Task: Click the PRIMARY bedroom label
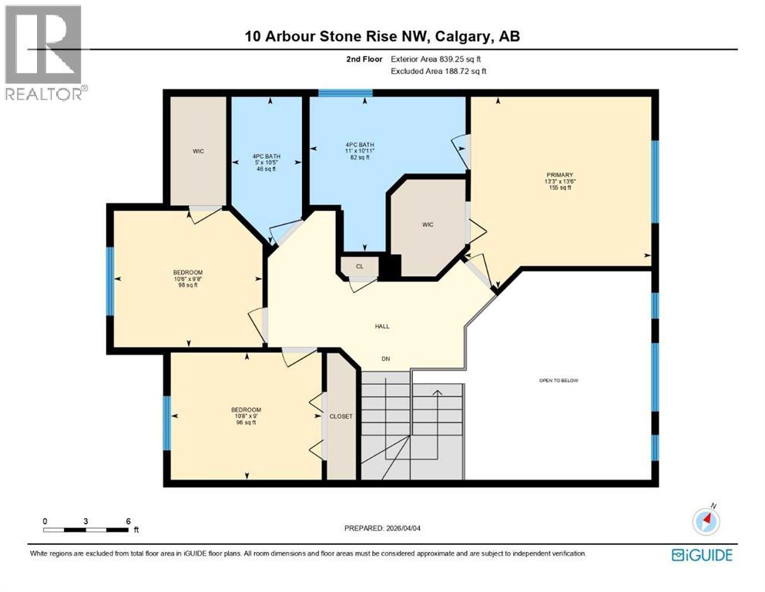pyautogui.click(x=561, y=175)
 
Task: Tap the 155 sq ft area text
pyautogui.click(x=561, y=187)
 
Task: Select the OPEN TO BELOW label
pyautogui.click(x=559, y=380)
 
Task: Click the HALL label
pyautogui.click(x=382, y=326)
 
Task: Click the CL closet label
pyautogui.click(x=359, y=267)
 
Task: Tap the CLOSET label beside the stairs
pyautogui.click(x=341, y=416)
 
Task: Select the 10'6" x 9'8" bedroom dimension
pyautogui.click(x=188, y=279)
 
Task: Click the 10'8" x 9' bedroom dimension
pyautogui.click(x=246, y=416)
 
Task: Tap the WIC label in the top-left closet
pyautogui.click(x=198, y=151)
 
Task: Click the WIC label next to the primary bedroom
pyautogui.click(x=428, y=224)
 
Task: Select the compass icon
pyautogui.click(x=706, y=522)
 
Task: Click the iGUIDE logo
pyautogui.click(x=702, y=555)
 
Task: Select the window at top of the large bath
pyautogui.click(x=340, y=93)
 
